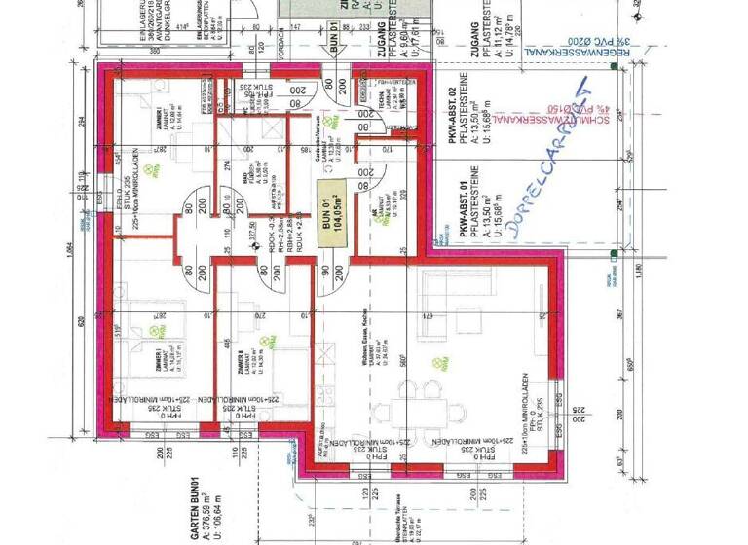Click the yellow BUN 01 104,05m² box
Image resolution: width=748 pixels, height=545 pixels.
(x=332, y=209)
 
